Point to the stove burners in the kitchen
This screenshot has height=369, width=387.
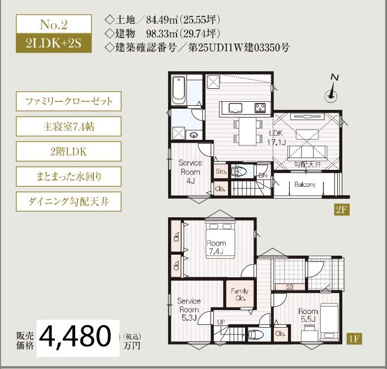click(261, 107)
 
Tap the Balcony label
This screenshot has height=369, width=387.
click(304, 184)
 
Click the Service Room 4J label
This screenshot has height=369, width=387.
click(190, 171)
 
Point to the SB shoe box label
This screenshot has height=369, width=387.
click(289, 286)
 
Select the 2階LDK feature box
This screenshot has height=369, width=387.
click(68, 151)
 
